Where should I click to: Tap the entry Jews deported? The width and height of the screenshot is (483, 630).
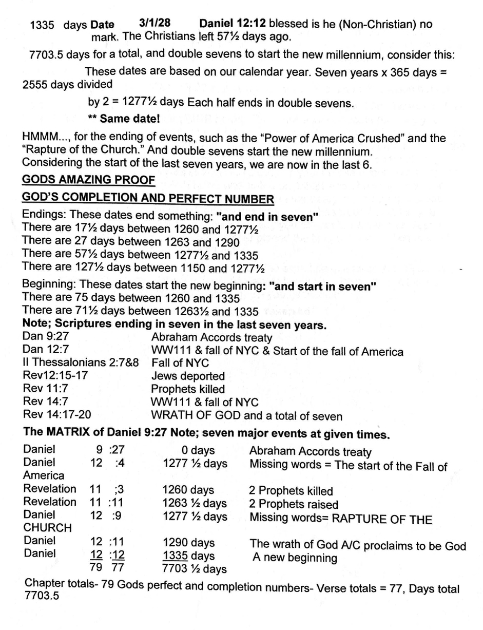[188, 376]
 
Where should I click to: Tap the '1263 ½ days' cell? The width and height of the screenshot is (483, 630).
[195, 503]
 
